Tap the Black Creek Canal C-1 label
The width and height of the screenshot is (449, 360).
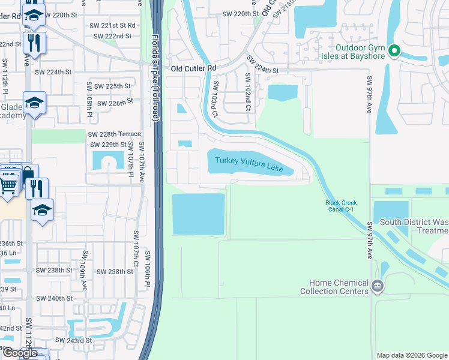(341, 206)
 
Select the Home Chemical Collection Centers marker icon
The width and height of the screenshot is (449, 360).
(378, 285)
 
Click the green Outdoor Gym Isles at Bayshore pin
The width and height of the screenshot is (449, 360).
(394, 52)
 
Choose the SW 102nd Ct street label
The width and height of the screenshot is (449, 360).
(247, 93)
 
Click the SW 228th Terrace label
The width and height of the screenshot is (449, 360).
(114, 134)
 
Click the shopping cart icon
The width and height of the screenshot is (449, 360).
(8, 185)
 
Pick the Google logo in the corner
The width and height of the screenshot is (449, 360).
(20, 353)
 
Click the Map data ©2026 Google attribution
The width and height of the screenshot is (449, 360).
(411, 355)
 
